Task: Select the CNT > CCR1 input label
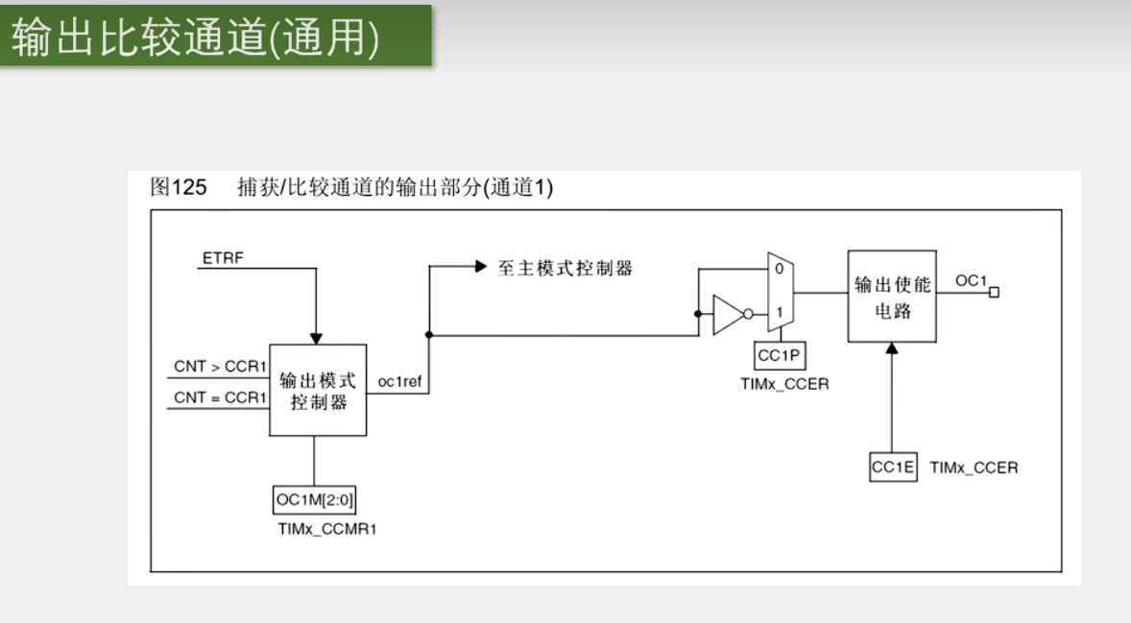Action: pos(220,367)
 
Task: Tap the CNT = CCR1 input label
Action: pos(220,396)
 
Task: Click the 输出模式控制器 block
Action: pos(318,390)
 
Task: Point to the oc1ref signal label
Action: pos(399,382)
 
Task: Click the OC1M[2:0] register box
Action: pos(314,499)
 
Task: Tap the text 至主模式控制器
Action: pos(565,268)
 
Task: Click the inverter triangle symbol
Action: pos(728,314)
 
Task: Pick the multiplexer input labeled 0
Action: pos(780,270)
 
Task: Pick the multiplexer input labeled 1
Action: pos(780,311)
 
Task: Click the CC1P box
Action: pos(781,355)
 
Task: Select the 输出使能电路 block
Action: pos(892,297)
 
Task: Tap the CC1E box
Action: pos(893,467)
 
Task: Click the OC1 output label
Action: pos(971,280)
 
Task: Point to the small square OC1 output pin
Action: pos(994,292)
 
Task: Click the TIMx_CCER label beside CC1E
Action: pos(974,467)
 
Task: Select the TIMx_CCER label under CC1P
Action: pos(784,384)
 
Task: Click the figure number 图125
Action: pos(179,188)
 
